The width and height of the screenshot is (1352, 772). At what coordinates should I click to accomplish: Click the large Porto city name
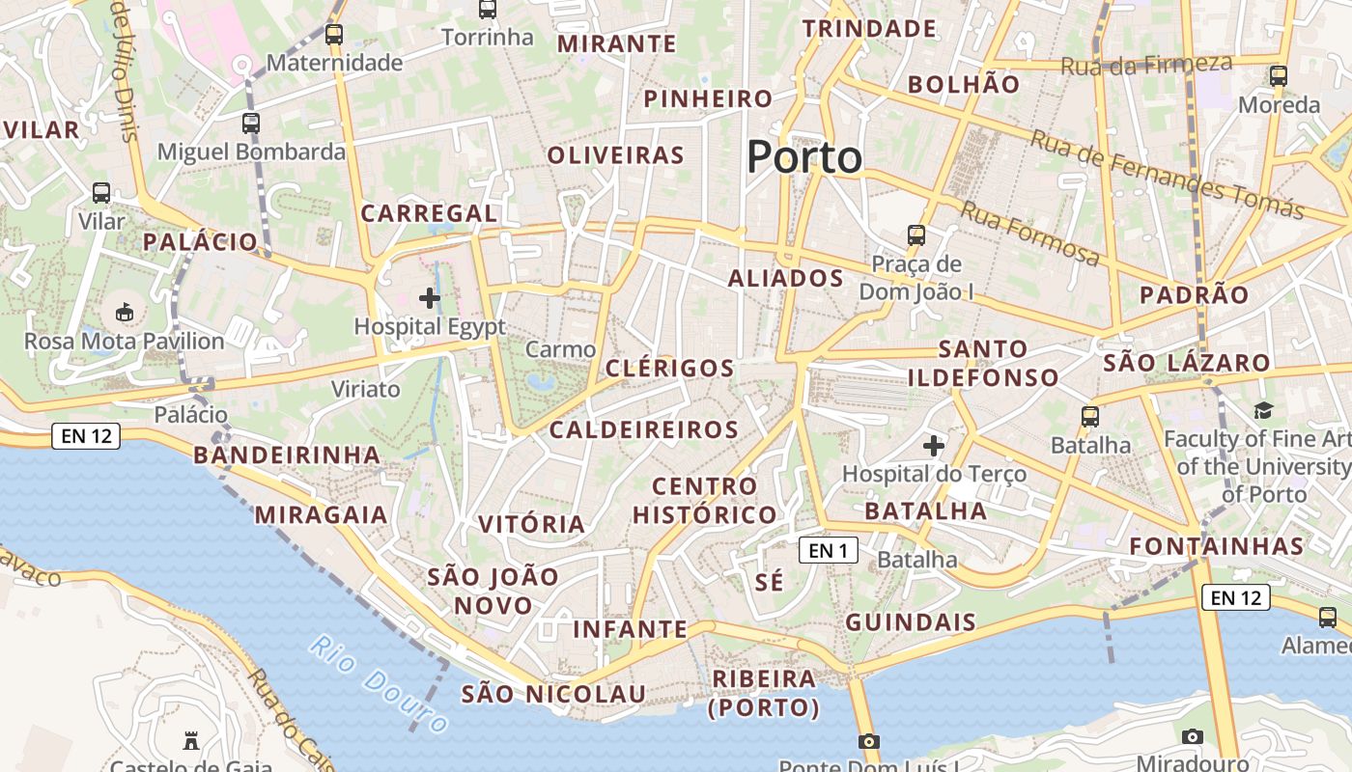[804, 157]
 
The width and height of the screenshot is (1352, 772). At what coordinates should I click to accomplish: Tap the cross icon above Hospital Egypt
[430, 298]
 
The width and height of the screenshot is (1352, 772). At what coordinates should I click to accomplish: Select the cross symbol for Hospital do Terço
[933, 446]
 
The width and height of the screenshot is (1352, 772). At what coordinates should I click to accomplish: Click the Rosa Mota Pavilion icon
[125, 313]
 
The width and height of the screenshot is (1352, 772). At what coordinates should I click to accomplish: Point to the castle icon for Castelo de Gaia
[191, 741]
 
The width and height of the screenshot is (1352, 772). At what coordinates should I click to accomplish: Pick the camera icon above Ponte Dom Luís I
[869, 741]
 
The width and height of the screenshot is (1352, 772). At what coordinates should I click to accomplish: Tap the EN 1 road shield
[829, 550]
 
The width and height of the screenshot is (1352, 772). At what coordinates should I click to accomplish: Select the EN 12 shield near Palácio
[86, 435]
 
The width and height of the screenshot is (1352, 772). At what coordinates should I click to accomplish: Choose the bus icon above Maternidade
[334, 35]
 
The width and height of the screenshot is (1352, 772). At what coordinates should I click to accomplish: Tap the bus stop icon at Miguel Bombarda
[251, 124]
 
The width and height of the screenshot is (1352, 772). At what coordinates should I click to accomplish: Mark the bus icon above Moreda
[1279, 75]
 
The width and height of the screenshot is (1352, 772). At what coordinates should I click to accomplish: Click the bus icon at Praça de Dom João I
[915, 234]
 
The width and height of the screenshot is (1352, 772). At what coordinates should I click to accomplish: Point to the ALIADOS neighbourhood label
[785, 279]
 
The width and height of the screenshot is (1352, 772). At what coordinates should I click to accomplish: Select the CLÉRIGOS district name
[670, 368]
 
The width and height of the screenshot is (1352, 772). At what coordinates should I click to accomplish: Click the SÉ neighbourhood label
[770, 582]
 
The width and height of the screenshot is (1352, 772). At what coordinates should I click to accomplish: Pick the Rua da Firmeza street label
[1146, 65]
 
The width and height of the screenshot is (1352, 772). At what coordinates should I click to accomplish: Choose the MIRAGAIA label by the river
[321, 514]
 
